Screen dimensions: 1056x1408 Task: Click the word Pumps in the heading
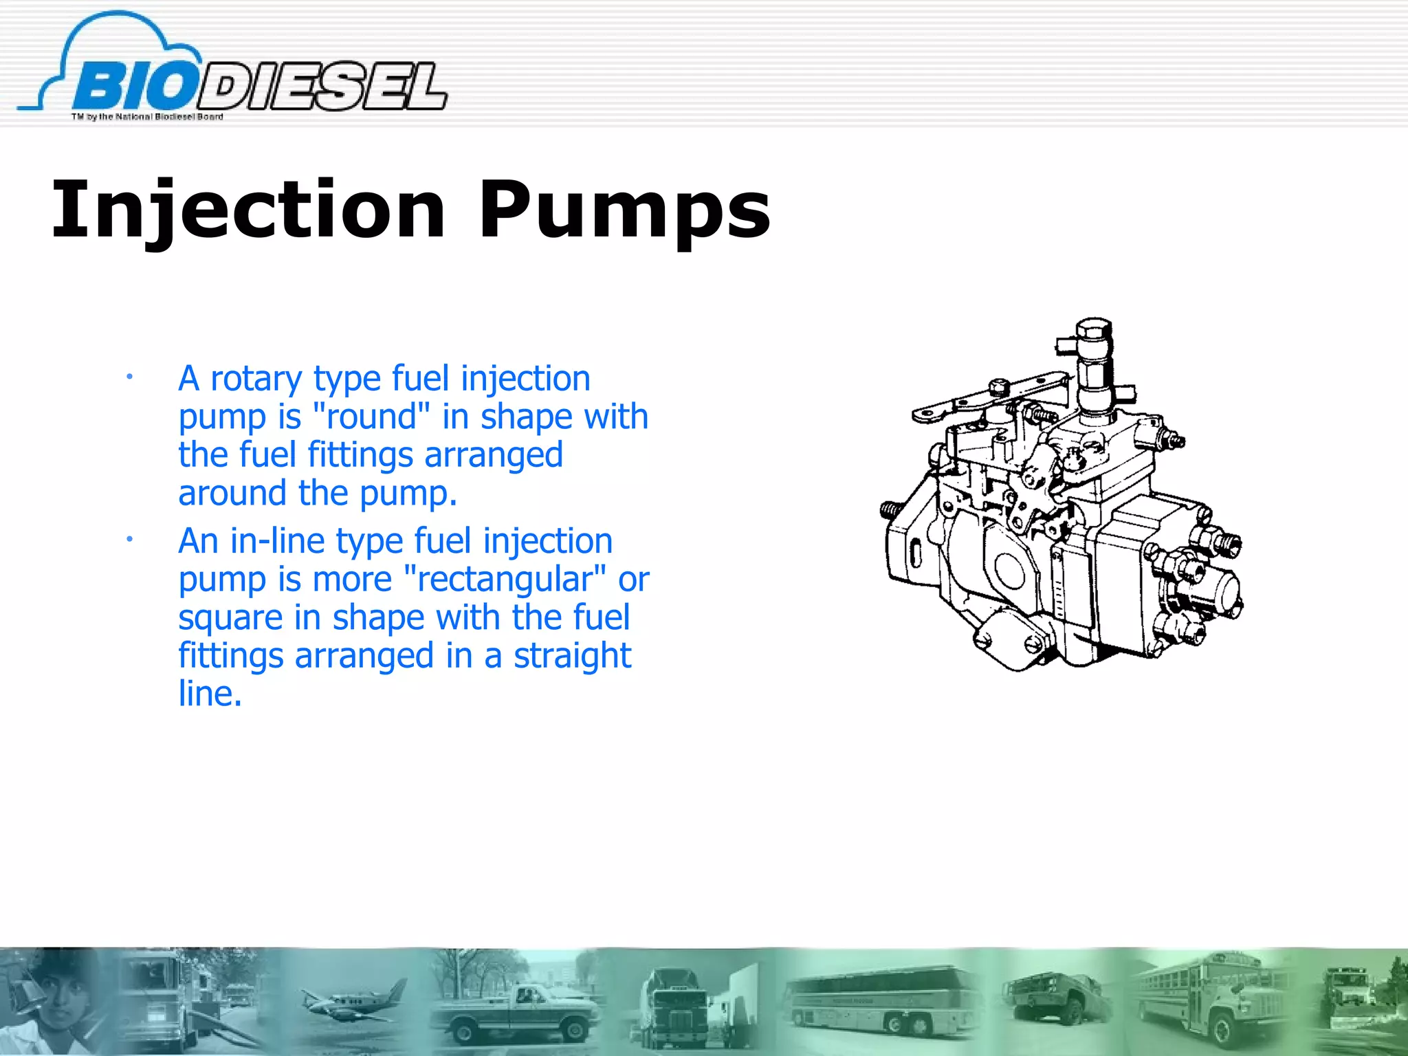624,210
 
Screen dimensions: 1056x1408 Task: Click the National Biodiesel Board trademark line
147,117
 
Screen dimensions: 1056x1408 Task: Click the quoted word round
371,417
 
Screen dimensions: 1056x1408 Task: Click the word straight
572,656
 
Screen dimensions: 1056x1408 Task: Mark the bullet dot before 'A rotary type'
129,376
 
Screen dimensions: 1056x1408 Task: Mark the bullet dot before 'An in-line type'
129,539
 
